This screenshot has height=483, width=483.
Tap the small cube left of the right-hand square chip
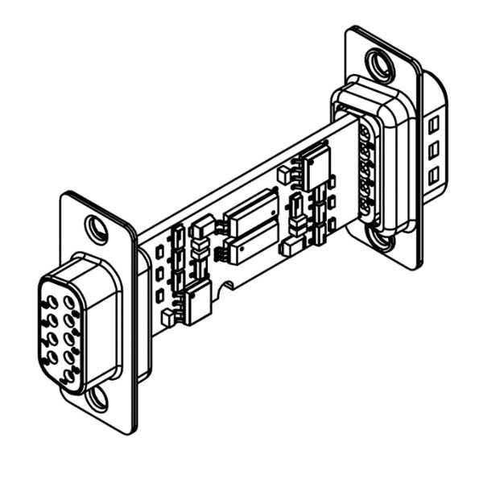[x=285, y=174]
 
